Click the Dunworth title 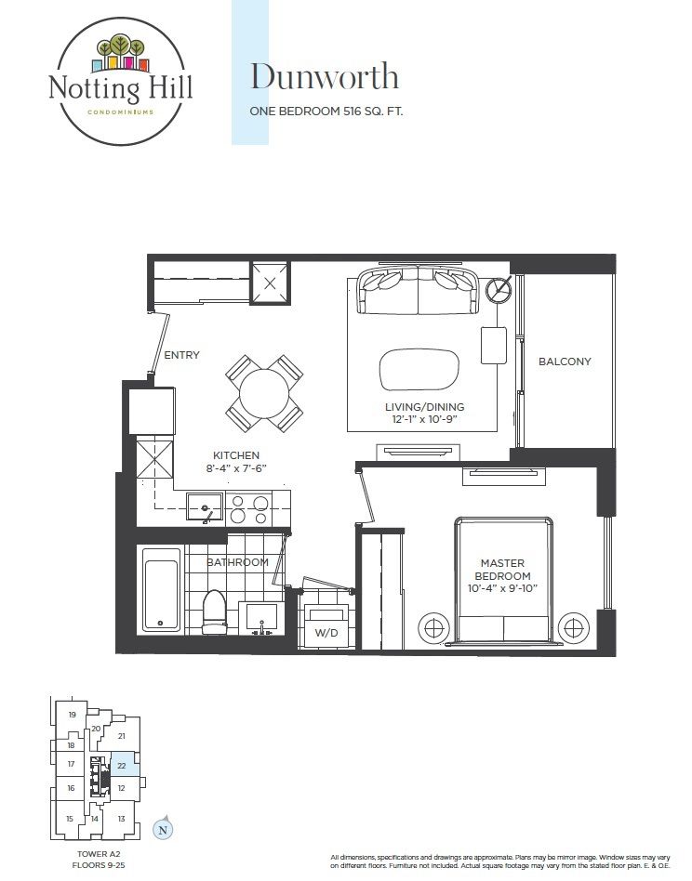[x=325, y=77]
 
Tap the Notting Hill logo [x=120, y=82]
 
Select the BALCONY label [x=565, y=362]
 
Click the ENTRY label [x=181, y=355]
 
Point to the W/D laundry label [x=326, y=633]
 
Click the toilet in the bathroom [x=214, y=611]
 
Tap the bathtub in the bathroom [x=161, y=589]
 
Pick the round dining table [x=263, y=393]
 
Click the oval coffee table [x=419, y=370]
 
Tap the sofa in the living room [x=419, y=291]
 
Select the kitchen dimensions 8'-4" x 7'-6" [x=236, y=468]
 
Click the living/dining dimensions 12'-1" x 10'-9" [x=424, y=419]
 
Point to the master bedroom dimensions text [x=502, y=588]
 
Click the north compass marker [x=163, y=829]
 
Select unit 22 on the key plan [x=122, y=765]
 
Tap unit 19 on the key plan [x=72, y=715]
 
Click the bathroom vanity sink [x=261, y=618]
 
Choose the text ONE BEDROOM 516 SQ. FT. [x=326, y=112]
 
